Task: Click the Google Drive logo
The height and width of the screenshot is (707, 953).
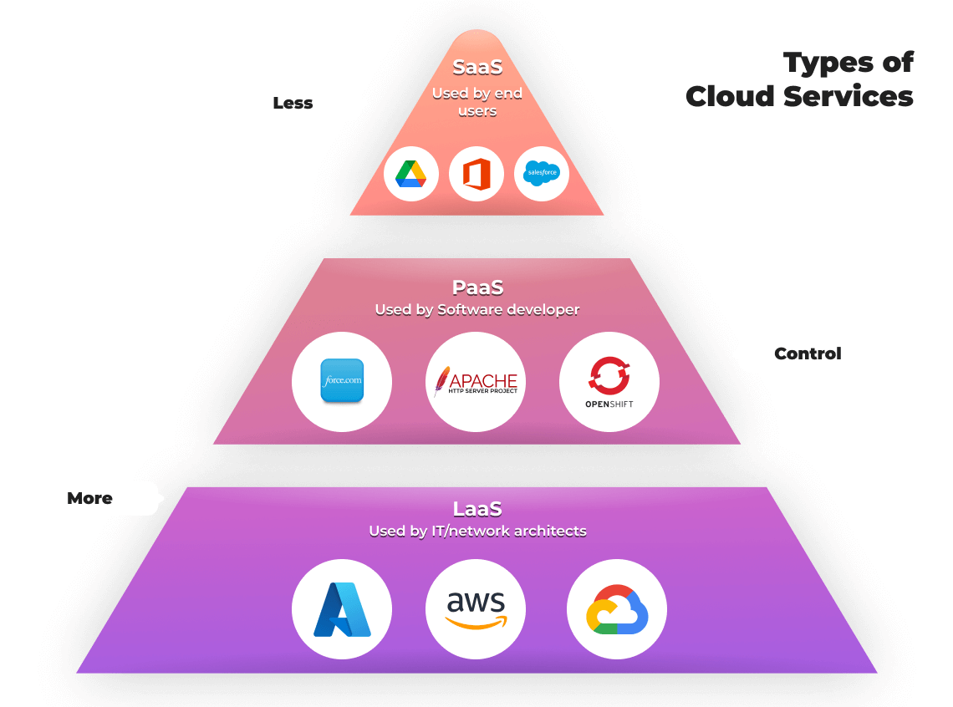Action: coord(411,174)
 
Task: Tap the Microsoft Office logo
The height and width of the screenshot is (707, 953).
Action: coord(476,174)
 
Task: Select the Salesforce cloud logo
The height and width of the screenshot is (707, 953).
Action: coord(542,174)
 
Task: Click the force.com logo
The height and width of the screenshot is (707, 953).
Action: coord(342,381)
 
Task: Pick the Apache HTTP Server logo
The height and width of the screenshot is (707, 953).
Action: coord(476,381)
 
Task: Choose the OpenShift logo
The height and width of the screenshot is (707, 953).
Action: coord(609,381)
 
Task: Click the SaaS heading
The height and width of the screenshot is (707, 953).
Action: coord(477,67)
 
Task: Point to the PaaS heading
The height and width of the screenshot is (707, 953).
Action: coord(477,287)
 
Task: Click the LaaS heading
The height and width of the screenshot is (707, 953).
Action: coord(477,509)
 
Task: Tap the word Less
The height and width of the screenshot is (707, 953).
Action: coord(293,104)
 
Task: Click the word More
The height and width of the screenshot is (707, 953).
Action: coord(89,498)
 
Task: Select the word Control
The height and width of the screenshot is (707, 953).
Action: coord(808,353)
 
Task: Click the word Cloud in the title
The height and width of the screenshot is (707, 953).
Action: coord(730,96)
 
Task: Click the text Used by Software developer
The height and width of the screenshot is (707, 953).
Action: coord(477,310)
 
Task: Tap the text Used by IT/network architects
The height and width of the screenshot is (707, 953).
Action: coord(477,531)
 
